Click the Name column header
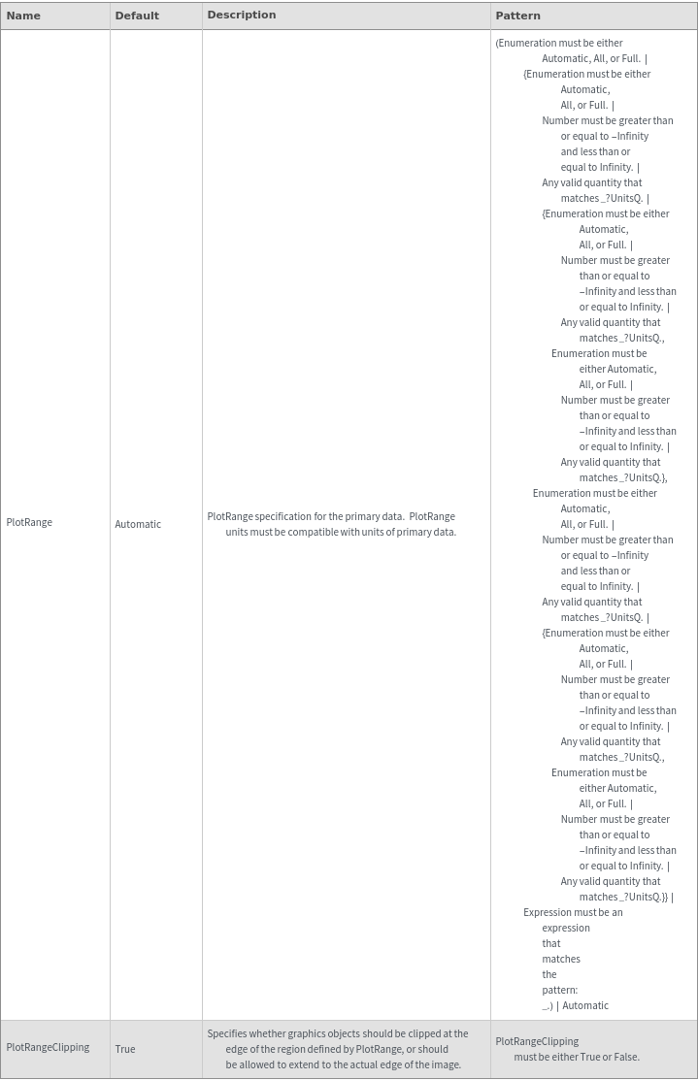pyautogui.click(x=23, y=16)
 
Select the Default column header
pyautogui.click(x=137, y=16)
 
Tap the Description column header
pyautogui.click(x=242, y=15)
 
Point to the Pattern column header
pyautogui.click(x=518, y=16)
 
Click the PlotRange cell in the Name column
pyautogui.click(x=29, y=522)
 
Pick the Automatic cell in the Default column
pyautogui.click(x=138, y=524)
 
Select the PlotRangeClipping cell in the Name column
pyautogui.click(x=48, y=1047)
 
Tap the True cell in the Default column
pyautogui.click(x=125, y=1049)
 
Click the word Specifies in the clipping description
pyautogui.click(x=226, y=1033)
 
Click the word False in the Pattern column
pyautogui.click(x=625, y=1057)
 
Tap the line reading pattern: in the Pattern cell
pyautogui.click(x=559, y=990)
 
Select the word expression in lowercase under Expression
pyautogui.click(x=566, y=928)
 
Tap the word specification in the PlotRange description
pyautogui.click(x=284, y=516)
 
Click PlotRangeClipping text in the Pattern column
pyautogui.click(x=537, y=1041)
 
